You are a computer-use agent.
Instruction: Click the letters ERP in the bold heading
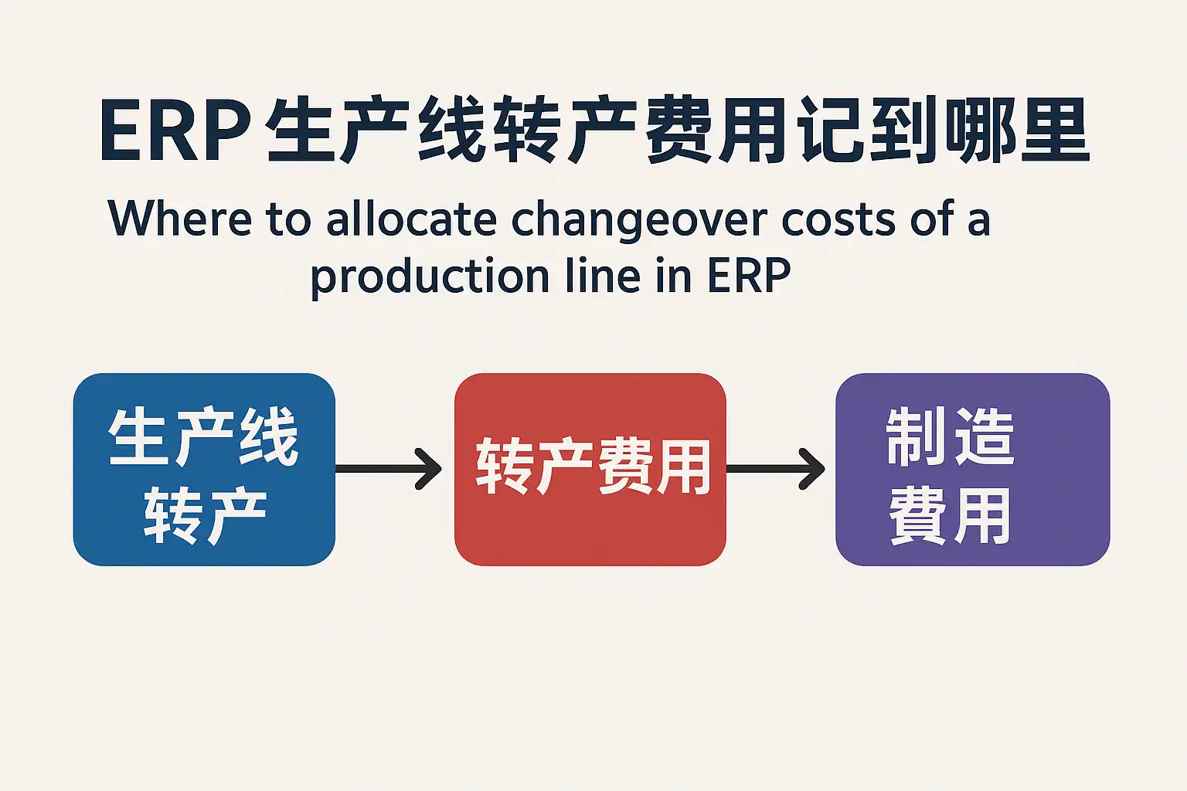click(x=175, y=131)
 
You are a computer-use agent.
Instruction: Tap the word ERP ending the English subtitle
click(x=749, y=276)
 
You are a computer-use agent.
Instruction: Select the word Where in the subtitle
click(x=179, y=218)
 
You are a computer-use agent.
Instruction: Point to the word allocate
click(x=411, y=218)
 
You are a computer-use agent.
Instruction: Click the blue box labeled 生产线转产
click(x=204, y=470)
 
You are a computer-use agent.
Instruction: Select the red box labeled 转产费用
click(x=590, y=470)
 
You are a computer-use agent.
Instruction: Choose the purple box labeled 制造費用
click(x=972, y=470)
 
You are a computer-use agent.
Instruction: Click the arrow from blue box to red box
click(x=389, y=469)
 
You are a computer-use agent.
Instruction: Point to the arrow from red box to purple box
click(x=775, y=469)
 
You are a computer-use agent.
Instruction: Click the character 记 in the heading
click(x=834, y=131)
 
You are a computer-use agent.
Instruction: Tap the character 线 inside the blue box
click(x=268, y=436)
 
